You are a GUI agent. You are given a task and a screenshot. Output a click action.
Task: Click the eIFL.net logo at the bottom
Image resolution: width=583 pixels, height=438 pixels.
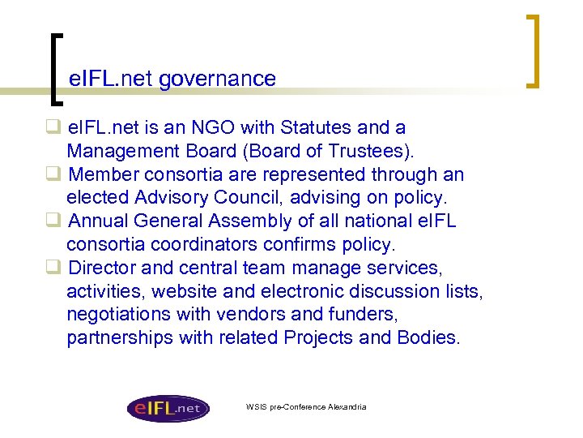point(168,408)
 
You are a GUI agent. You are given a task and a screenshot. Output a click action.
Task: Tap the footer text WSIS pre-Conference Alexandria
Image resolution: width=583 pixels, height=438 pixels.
point(306,406)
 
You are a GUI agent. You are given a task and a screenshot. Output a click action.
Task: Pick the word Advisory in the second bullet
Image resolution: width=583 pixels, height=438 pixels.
point(169,197)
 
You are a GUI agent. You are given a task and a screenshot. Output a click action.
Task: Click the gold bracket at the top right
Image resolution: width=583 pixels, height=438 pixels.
point(534,50)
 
